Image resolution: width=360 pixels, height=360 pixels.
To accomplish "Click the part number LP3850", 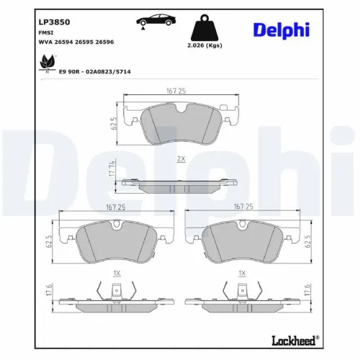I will tap(54, 22).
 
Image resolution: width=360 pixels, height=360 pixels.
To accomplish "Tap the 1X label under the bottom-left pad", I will tap(116, 274).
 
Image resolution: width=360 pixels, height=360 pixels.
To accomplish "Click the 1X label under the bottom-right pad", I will tap(243, 274).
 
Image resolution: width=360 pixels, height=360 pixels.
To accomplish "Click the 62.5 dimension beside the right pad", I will tap(309, 241).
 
